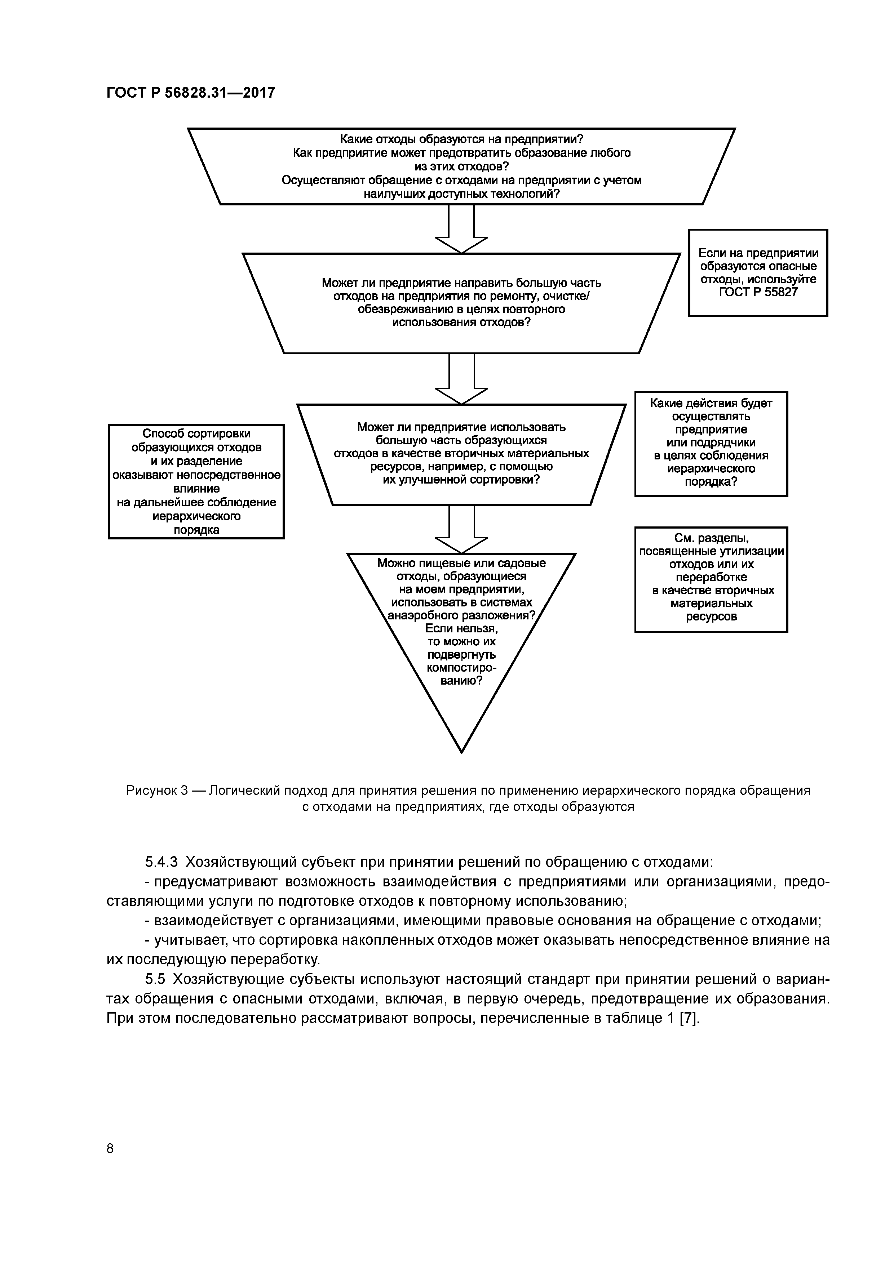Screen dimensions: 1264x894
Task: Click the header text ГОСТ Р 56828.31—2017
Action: click(x=191, y=93)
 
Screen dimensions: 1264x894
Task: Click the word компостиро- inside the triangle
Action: click(x=461, y=668)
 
